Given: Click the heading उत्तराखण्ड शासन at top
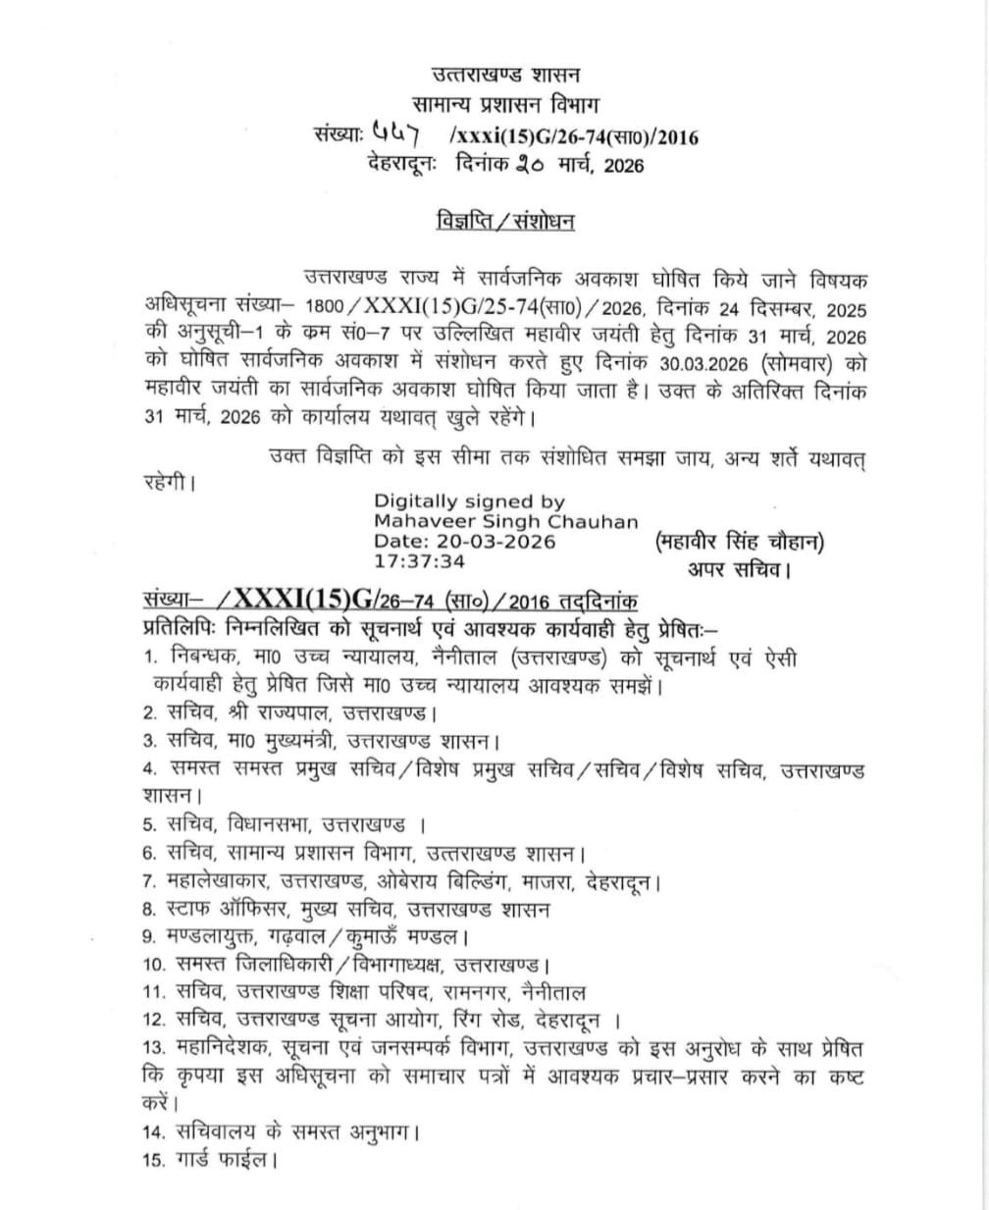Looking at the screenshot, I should point(506,75).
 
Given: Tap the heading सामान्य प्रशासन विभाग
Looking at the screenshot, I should point(506,105).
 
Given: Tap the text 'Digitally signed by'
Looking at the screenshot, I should point(469,500).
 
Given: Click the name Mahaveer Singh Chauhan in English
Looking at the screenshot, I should point(505,521).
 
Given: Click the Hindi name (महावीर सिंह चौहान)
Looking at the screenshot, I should point(738,541).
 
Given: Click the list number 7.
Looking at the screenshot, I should point(149,882).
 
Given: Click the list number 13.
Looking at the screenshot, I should point(154,1049).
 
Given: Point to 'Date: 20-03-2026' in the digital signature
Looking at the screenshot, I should point(464,541).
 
